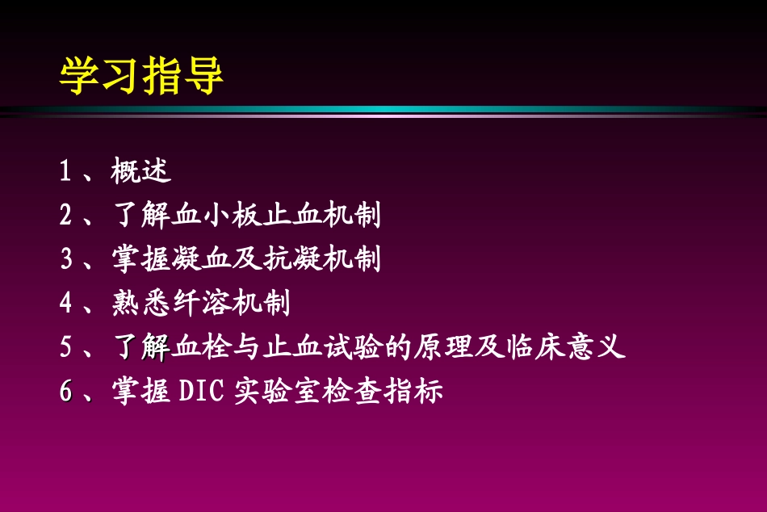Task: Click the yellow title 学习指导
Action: pos(141,77)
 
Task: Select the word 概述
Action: pos(141,171)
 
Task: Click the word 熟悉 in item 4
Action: pos(141,304)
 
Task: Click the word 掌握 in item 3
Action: pos(141,259)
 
